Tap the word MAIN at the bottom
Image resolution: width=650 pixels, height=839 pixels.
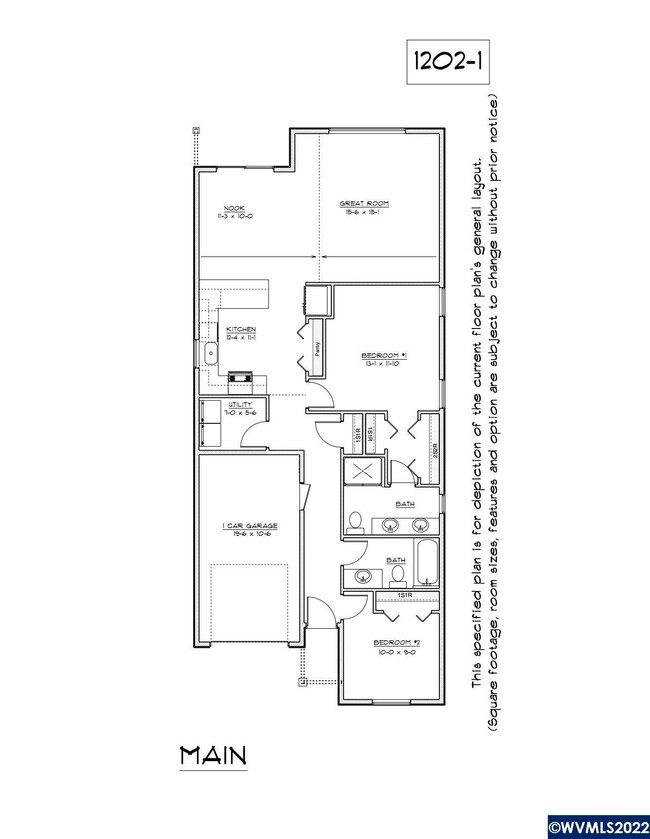tap(213, 755)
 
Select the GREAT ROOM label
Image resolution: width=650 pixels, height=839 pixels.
tap(363, 204)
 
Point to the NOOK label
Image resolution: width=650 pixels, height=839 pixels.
tap(234, 180)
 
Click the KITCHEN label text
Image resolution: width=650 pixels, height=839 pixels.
tap(241, 329)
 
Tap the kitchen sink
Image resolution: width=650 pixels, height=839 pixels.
tap(211, 353)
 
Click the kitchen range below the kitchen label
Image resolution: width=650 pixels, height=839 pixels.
tap(241, 378)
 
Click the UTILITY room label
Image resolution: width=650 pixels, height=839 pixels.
tap(239, 403)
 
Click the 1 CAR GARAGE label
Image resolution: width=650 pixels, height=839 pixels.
tap(249, 525)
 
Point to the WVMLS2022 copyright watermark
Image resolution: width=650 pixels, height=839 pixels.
tap(596, 828)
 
